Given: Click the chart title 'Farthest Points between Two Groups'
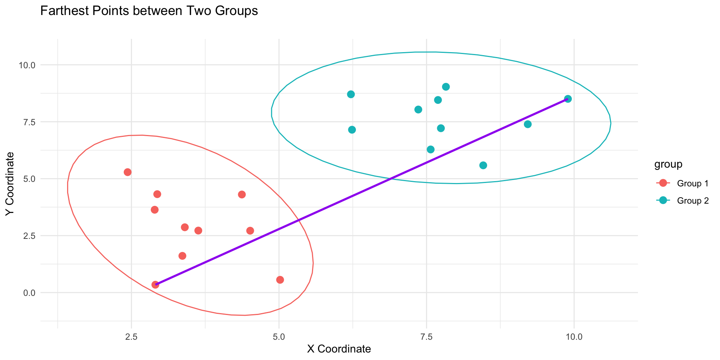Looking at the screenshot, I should click(x=149, y=11).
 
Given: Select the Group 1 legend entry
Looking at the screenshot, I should click(x=692, y=183).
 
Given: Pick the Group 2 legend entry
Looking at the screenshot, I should click(x=692, y=201).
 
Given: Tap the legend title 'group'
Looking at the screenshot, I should click(x=668, y=164).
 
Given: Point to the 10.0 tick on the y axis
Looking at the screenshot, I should click(x=27, y=65).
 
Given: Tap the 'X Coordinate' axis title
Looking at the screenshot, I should click(x=339, y=349).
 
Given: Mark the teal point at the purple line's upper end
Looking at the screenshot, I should click(x=568, y=99).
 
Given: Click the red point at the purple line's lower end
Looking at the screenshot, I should click(x=155, y=285).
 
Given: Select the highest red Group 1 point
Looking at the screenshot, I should click(x=127, y=172).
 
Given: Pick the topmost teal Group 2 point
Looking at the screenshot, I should click(x=446, y=87).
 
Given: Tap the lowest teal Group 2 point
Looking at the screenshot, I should click(x=483, y=165).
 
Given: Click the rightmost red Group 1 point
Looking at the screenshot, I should click(x=280, y=280).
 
